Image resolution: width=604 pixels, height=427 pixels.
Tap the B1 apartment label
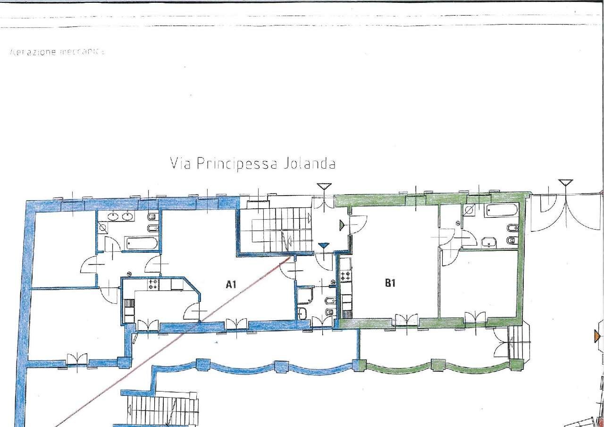[x=390, y=283]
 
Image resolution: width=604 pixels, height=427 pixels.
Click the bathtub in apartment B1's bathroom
[x=501, y=211]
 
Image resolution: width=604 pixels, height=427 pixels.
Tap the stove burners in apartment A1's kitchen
[x=153, y=284]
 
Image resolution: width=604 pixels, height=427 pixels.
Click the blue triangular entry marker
[x=323, y=246]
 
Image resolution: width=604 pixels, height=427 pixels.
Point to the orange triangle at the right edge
[x=598, y=336]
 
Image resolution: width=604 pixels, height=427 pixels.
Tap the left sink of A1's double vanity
[x=113, y=217]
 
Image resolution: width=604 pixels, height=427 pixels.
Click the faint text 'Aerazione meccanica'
[x=57, y=52]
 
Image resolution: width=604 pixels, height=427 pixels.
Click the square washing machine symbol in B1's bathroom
[x=470, y=211]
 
